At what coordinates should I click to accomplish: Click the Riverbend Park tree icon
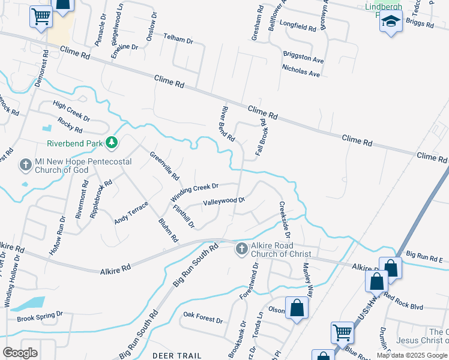[x=111, y=143]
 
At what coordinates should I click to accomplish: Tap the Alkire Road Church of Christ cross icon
[x=241, y=248]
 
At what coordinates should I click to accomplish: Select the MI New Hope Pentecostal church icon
[x=25, y=164]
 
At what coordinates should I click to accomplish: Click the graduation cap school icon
[x=391, y=22]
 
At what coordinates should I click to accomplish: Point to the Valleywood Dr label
[x=224, y=202]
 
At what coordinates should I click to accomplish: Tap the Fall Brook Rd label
[x=261, y=137]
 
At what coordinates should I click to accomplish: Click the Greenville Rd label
[x=164, y=166]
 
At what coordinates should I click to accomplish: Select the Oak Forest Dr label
[x=203, y=316]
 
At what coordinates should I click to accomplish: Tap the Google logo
[x=20, y=352]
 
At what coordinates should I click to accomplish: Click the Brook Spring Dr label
[x=40, y=316]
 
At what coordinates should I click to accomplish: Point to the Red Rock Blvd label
[x=403, y=302]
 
